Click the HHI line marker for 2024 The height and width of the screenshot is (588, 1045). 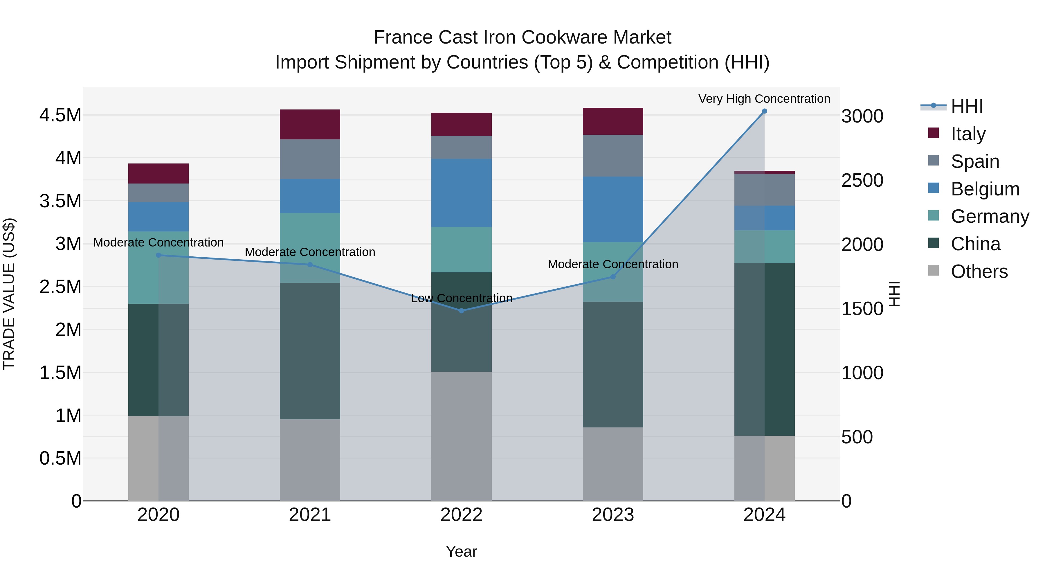click(x=764, y=111)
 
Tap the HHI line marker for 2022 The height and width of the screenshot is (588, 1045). click(x=461, y=311)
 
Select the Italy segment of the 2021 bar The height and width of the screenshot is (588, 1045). click(x=310, y=125)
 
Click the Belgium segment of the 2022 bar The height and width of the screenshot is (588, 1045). click(x=461, y=193)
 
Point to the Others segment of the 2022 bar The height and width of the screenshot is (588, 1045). click(x=461, y=436)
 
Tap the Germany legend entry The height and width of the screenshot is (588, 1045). click(x=990, y=216)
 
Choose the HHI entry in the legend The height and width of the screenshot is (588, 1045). click(x=967, y=106)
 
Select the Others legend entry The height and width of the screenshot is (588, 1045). click(x=979, y=271)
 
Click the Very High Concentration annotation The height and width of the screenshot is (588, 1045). click(x=764, y=99)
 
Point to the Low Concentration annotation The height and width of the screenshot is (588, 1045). click(x=462, y=298)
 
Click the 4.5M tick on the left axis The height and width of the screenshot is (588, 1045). click(x=60, y=115)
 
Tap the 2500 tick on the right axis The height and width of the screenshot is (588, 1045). click(x=862, y=181)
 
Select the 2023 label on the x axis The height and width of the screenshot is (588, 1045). click(x=613, y=515)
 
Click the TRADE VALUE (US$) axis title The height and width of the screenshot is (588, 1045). click(x=9, y=294)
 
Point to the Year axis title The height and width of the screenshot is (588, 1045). click(x=461, y=551)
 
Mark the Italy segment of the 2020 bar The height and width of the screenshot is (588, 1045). click(x=158, y=174)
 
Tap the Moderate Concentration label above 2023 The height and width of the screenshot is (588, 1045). click(x=613, y=264)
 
